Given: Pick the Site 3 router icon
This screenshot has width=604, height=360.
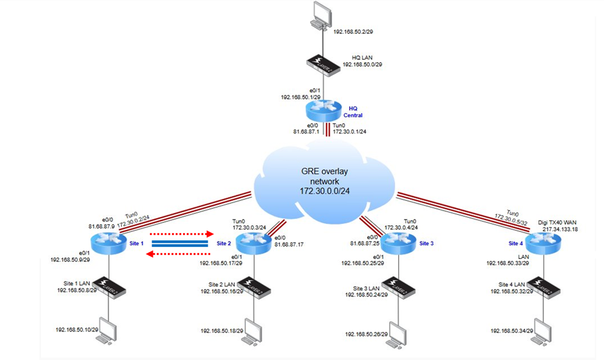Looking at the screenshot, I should point(399,243).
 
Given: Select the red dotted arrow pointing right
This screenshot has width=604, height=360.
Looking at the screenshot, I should point(181,234).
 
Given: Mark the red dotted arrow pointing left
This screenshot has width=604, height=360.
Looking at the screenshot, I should point(181,254).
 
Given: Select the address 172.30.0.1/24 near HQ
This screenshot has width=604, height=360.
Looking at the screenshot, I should point(350,130).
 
